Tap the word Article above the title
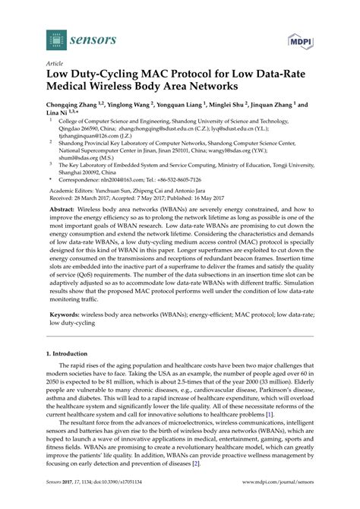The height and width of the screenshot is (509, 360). coord(55,66)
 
